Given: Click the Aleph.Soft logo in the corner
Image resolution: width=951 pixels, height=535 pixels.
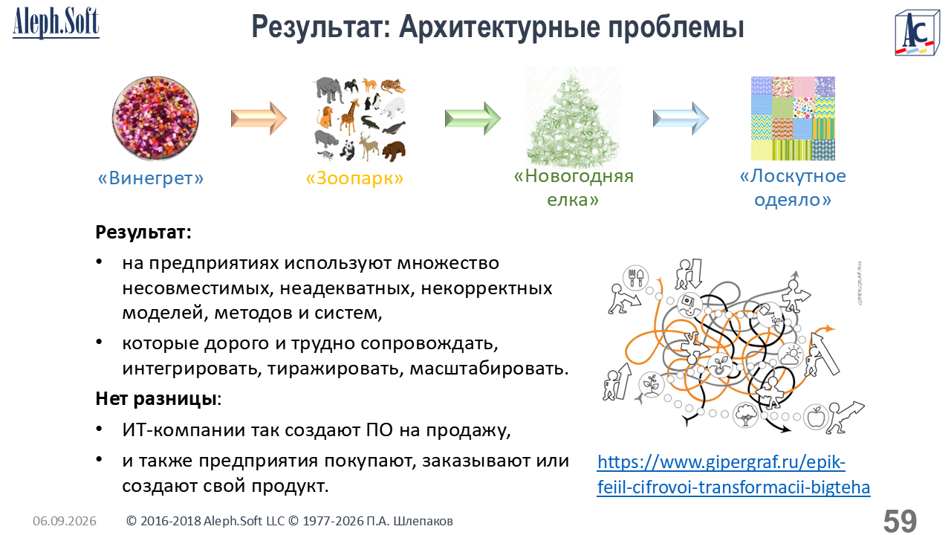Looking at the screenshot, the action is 56,23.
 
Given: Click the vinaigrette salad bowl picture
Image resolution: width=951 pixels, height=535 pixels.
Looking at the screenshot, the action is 155,118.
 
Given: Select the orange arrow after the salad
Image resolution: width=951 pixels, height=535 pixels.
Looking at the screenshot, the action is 259,118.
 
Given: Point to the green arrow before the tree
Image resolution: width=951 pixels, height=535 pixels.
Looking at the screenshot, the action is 473,118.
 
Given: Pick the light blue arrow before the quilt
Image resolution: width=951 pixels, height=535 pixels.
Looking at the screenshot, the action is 681,118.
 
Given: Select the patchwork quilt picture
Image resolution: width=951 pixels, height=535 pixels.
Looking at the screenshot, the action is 793,118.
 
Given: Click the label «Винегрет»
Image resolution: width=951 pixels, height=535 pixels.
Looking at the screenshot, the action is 151,178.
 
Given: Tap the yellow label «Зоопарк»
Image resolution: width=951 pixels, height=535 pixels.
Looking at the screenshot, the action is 354,178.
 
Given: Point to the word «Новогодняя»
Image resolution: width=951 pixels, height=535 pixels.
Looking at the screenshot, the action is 574,176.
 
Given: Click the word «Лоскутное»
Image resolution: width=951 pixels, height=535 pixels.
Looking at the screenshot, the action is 793,176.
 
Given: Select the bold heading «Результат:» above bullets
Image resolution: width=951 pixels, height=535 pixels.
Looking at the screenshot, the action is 143,233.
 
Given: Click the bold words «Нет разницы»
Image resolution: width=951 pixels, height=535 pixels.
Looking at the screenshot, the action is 156,399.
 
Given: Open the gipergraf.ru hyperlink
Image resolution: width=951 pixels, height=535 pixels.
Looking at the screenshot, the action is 733,474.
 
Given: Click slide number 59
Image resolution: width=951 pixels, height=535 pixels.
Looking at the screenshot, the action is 900,521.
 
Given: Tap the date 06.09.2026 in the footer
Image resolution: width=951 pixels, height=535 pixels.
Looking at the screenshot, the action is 65,521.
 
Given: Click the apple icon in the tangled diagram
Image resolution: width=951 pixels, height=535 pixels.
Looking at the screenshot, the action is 816,417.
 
